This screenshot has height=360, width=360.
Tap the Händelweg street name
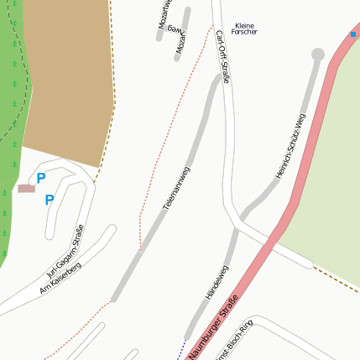[217, 283]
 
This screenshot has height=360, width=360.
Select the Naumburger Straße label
[214, 323]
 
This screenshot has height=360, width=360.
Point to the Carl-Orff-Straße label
[222, 57]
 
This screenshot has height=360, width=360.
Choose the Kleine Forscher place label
[244, 29]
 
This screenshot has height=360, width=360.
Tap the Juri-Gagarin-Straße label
[66, 253]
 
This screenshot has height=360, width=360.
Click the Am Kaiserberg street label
[60, 277]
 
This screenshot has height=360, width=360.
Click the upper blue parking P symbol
[40, 178]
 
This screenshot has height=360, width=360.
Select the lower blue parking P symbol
[49, 200]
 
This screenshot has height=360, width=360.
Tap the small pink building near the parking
[27, 188]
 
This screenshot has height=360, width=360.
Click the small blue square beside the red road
[353, 34]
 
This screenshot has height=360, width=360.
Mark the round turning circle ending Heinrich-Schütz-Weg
[317, 55]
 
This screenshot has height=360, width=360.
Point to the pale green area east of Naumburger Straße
[327, 168]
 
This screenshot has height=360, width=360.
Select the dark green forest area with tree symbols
[12, 126]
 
